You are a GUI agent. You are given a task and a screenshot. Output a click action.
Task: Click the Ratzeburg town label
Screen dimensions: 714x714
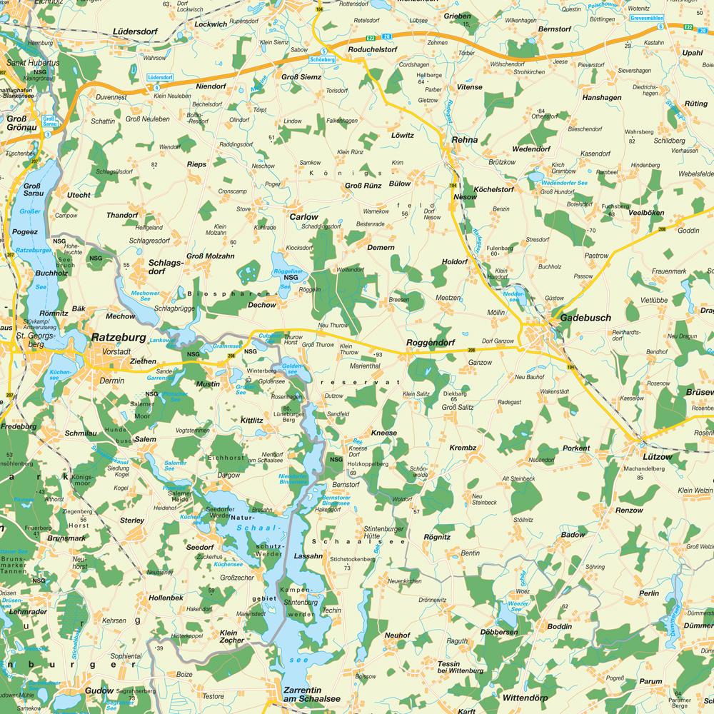click(x=119, y=336)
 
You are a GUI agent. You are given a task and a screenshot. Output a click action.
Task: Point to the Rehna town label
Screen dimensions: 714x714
click(x=465, y=140)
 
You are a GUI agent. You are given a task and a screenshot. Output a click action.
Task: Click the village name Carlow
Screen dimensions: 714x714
click(x=303, y=216)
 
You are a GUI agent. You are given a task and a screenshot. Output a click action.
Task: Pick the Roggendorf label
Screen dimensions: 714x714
click(x=430, y=343)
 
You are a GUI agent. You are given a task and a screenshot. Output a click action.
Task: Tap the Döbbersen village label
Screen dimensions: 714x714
click(x=498, y=633)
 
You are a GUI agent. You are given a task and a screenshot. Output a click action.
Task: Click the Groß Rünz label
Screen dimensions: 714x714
click(x=363, y=186)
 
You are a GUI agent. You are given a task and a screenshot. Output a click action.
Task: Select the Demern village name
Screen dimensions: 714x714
click(x=381, y=247)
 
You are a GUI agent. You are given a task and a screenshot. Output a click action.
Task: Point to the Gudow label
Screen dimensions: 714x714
click(x=99, y=690)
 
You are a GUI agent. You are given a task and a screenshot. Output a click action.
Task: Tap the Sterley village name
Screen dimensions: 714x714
click(x=132, y=521)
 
